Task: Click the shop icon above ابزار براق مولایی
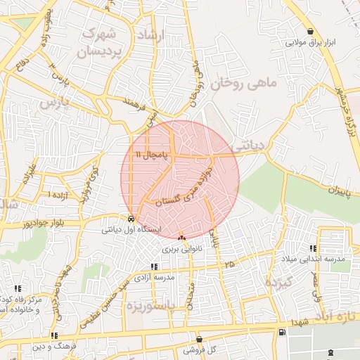pyautogui.click(x=311, y=31)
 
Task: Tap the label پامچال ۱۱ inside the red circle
pyautogui.click(x=154, y=154)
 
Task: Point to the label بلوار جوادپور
pyautogui.click(x=46, y=224)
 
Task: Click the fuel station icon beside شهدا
pyautogui.click(x=282, y=332)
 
